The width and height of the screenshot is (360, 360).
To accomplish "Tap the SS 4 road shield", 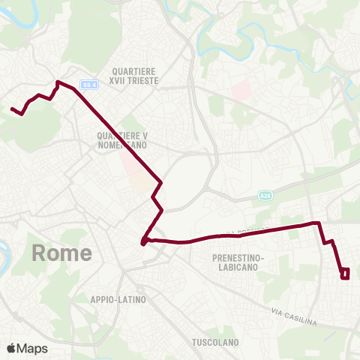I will [x=89, y=84].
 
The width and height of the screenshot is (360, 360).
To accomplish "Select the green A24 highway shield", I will [x=264, y=195].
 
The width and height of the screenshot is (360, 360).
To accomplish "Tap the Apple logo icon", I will [x=12, y=347].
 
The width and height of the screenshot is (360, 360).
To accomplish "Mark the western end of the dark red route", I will [x=12, y=109].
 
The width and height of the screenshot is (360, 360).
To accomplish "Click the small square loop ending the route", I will [x=345, y=274].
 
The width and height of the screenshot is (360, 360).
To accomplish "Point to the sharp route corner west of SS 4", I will [x=58, y=82].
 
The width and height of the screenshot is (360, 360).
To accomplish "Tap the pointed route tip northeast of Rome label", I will [x=142, y=242].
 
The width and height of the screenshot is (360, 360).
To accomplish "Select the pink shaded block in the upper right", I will [x=241, y=91].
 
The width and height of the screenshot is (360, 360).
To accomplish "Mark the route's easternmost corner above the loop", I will [x=320, y=223].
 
